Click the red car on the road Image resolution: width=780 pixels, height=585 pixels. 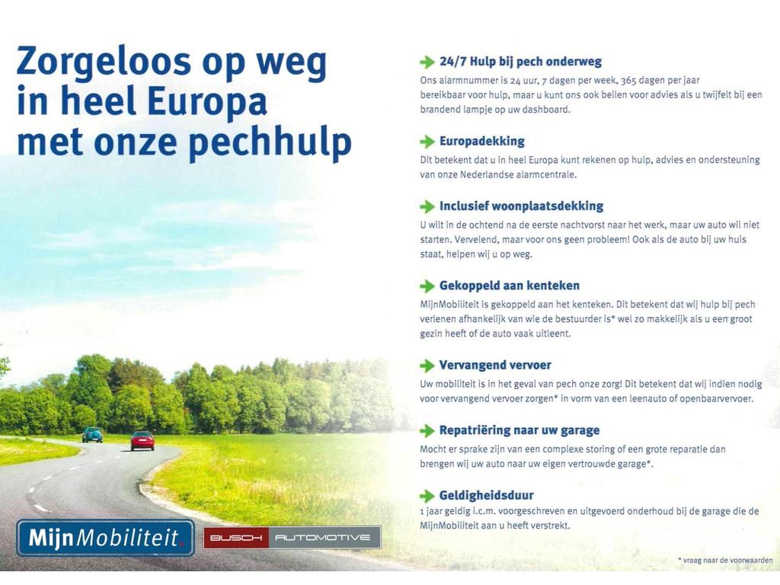[x=142, y=441]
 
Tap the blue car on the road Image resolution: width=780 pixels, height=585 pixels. [x=92, y=435]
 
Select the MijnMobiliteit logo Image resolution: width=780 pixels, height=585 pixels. [x=105, y=538]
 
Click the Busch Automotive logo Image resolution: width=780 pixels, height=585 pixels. [x=292, y=537]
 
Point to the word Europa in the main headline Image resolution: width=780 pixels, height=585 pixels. [x=207, y=102]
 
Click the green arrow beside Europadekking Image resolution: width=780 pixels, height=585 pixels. [x=427, y=142]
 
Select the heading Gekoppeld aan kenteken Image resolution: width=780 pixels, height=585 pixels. [x=510, y=286]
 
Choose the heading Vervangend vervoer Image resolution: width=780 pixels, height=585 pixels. [x=495, y=365]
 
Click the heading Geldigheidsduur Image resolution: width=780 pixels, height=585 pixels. [x=486, y=495]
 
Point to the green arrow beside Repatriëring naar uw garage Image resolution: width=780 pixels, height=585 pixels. [x=427, y=431]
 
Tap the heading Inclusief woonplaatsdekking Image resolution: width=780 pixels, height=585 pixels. [x=521, y=206]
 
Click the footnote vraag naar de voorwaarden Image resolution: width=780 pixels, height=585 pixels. [x=725, y=560]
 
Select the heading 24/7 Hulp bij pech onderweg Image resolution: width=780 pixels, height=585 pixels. [x=520, y=62]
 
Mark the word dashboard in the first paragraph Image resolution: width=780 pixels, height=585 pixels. [x=545, y=110]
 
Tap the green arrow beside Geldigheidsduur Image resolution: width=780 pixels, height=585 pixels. [x=427, y=496]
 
